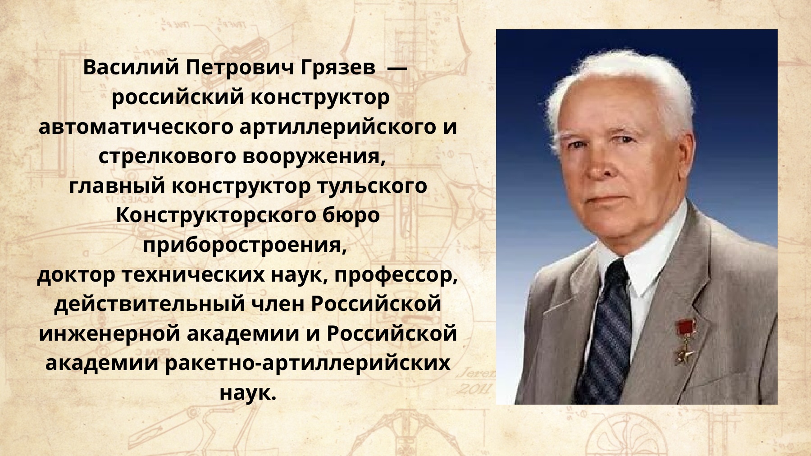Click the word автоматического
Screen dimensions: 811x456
click(136, 127)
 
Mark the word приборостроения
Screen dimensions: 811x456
click(245, 246)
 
